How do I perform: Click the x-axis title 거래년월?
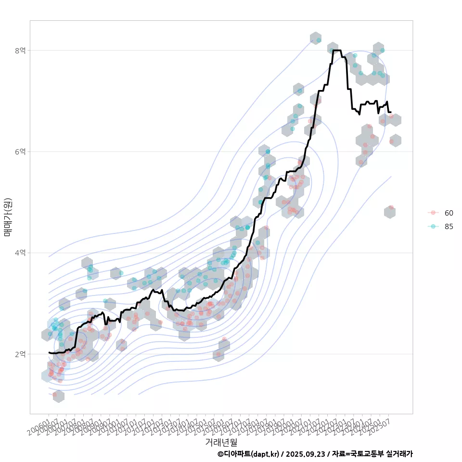221,442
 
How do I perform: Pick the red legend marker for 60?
433,213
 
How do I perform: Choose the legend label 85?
449,226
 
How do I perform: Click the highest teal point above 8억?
319,40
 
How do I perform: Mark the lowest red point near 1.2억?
55,395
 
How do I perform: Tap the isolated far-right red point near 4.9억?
391,207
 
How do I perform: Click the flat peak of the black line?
336,50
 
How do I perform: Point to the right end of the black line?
390,112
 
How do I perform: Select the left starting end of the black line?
49,352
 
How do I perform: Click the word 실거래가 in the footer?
399,454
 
